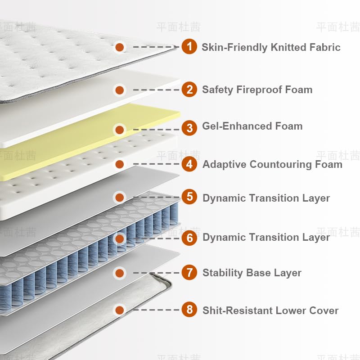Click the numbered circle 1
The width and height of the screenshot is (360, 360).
point(189,46)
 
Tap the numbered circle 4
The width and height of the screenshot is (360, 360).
point(189,164)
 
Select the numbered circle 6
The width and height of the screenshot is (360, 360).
point(189,237)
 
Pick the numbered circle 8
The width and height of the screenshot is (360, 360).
point(189,310)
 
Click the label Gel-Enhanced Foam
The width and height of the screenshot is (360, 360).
point(252,126)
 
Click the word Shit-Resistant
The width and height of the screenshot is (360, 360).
point(237,310)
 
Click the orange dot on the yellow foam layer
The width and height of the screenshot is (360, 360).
point(119,130)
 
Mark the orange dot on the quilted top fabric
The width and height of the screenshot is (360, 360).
point(119,46)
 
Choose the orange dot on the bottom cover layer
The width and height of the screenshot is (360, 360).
point(119,310)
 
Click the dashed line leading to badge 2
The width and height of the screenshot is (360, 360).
point(156,90)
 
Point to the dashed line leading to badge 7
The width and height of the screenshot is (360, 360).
point(156,273)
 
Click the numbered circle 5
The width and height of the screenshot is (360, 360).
point(189,197)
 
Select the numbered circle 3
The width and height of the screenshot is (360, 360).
point(189,128)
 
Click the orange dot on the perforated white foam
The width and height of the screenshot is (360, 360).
point(119,164)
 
